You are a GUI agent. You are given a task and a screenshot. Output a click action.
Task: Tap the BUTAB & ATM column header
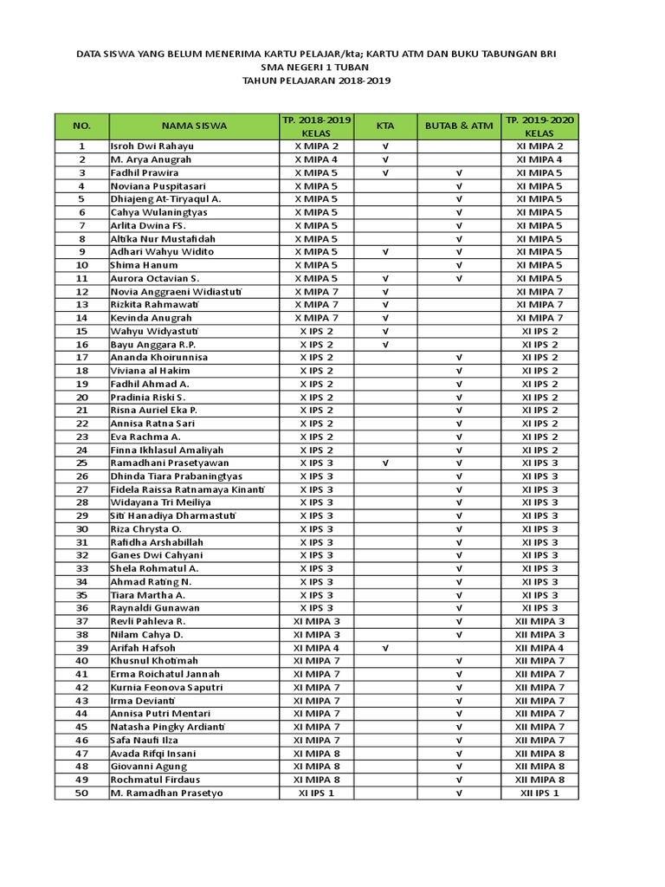click(459, 126)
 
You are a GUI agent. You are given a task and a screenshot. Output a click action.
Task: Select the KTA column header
click(384, 126)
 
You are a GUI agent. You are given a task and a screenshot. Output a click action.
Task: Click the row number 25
click(82, 463)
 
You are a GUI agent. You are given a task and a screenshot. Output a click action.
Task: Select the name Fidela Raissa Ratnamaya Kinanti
click(187, 489)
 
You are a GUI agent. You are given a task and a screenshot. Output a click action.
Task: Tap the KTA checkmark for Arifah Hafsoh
click(384, 648)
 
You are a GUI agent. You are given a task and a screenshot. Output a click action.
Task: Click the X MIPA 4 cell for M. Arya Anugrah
click(316, 159)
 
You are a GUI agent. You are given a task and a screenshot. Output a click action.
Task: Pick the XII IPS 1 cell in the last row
click(539, 793)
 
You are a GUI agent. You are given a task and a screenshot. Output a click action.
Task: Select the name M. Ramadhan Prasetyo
click(166, 793)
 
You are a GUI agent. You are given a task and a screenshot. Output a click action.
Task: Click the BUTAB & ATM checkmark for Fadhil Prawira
click(459, 173)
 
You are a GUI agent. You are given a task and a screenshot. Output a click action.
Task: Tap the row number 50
click(82, 793)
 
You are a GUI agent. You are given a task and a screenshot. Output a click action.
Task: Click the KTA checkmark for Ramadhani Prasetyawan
click(384, 463)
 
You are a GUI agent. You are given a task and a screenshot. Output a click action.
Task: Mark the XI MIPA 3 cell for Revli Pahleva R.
click(316, 621)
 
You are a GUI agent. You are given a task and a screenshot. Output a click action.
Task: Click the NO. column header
click(82, 126)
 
